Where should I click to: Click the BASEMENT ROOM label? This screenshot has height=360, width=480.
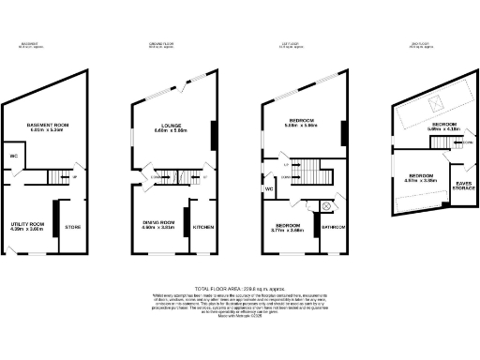(x=44, y=124)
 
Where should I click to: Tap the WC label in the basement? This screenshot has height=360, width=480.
(x=14, y=156)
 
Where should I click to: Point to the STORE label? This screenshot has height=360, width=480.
(x=72, y=227)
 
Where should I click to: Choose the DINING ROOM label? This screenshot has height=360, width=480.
(x=158, y=224)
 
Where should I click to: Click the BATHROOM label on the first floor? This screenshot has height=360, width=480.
(x=335, y=227)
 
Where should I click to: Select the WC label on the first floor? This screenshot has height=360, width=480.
(x=269, y=188)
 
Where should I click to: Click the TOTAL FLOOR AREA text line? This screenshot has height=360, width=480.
(x=240, y=288)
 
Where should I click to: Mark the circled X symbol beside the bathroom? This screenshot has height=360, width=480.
(x=326, y=206)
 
